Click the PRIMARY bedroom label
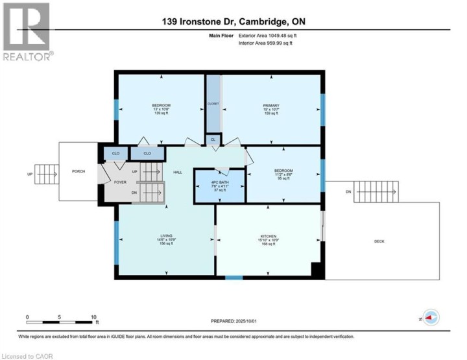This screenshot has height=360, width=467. (x=271, y=106)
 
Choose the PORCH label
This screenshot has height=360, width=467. (x=78, y=171)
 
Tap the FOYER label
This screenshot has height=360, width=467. (x=121, y=182)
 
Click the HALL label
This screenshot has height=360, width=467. (x=177, y=173)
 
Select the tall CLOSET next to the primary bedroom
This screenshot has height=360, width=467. (x=213, y=104)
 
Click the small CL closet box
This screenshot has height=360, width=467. (x=213, y=139)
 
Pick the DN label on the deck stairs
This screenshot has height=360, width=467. (x=348, y=192)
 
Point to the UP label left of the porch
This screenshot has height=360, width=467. (x=29, y=174)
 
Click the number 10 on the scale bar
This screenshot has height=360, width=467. (x=93, y=317)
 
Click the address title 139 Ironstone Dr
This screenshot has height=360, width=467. (x=233, y=21)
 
